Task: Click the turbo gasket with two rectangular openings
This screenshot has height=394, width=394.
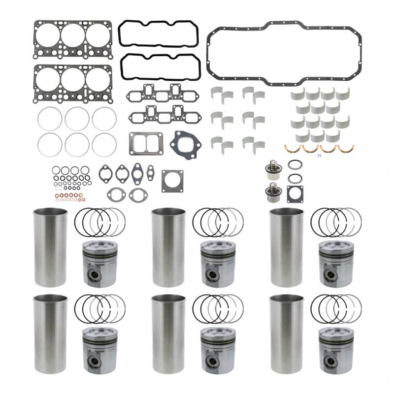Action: tap(146, 143)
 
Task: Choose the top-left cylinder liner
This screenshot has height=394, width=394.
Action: tap(50, 247)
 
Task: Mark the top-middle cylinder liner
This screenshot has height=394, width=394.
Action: tap(168, 247)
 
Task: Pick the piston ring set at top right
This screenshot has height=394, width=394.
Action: tap(336, 220)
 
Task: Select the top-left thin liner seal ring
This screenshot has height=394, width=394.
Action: tap(50, 118)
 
